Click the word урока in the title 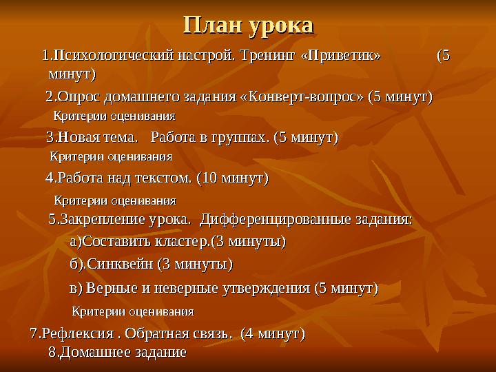point(282,26)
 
